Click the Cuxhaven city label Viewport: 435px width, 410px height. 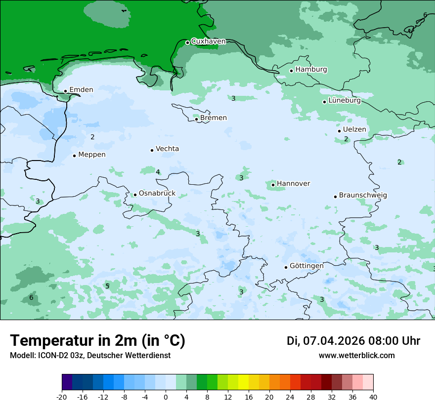coord(208,41)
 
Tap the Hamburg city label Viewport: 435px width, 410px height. coord(311,70)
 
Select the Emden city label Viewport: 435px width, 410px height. coord(81,90)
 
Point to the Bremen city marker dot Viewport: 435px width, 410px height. coord(196,119)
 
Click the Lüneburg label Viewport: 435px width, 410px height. coord(344,101)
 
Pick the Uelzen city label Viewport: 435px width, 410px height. coord(354,130)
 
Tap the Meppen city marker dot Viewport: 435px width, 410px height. coord(74,156)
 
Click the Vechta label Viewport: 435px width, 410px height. coord(167,149)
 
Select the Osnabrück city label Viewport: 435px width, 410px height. coord(157,194)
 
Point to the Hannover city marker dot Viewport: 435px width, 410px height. coord(273,185)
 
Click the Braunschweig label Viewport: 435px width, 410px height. coord(363,196)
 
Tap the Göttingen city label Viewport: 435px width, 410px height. coord(306,266)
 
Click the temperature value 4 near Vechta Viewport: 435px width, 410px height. coord(158,172)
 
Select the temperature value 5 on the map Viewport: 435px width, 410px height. coord(107,287)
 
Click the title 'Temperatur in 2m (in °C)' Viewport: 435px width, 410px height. coord(97,341)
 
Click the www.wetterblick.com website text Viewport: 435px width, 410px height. coord(356,356)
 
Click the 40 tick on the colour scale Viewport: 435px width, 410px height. coord(373,397)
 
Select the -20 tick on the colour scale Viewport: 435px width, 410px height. coord(62,397)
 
